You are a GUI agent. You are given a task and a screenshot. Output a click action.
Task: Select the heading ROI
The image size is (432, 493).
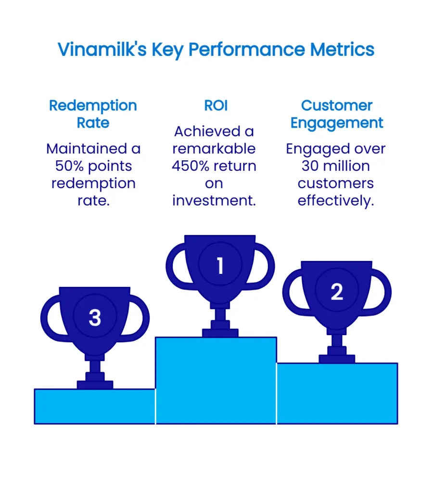(216, 106)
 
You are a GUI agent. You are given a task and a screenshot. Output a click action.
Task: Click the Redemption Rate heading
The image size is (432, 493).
(93, 114)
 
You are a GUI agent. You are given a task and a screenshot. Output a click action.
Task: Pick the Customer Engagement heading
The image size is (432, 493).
(337, 114)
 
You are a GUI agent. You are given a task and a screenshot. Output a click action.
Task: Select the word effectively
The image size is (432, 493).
(336, 201)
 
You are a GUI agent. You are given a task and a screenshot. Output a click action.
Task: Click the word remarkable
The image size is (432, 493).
(214, 149)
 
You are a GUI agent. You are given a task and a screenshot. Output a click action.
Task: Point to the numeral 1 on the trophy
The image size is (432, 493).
(220, 266)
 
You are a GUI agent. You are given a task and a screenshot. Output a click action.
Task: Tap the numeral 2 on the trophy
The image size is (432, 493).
(337, 292)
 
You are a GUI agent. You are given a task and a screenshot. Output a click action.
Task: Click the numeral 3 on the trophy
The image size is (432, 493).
(95, 318)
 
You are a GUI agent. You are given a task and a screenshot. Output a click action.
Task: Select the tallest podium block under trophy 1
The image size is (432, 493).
(216, 380)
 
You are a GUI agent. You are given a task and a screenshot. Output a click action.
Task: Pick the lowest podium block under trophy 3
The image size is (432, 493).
(95, 407)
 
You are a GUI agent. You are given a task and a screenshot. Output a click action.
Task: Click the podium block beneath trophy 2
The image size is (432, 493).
(337, 393)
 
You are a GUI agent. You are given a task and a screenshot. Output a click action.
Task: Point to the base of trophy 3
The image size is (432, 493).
(95, 384)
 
